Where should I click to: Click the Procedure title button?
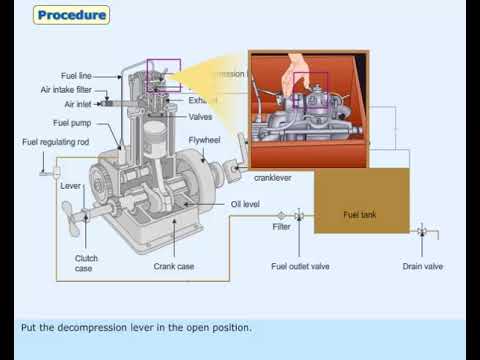[71, 15]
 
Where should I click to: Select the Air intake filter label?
[73, 88]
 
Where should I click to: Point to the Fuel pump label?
[73, 122]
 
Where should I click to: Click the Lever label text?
[70, 185]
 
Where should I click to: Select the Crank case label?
[173, 266]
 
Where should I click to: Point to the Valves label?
[200, 116]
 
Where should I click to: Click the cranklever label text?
[273, 177]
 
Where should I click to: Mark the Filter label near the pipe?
[282, 227]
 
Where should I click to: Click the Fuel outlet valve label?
[300, 266]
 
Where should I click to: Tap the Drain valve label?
[422, 266]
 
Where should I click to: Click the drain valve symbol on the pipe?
[421, 232]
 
